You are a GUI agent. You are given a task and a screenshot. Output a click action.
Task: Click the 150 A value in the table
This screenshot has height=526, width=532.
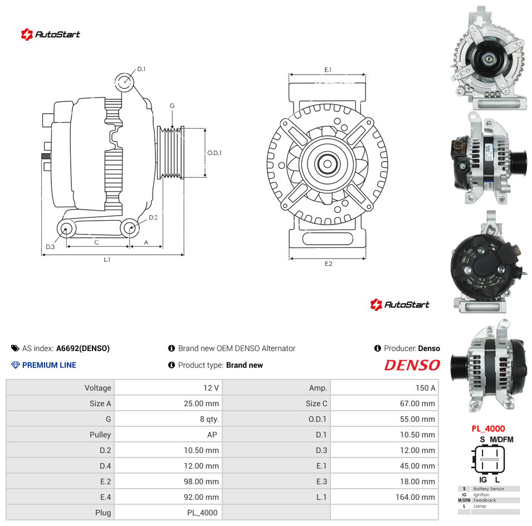pos(426,388)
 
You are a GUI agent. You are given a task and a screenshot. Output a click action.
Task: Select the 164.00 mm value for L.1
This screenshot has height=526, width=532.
pos(415,497)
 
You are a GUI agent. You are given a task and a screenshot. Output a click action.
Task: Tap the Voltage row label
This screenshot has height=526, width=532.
pos(97,388)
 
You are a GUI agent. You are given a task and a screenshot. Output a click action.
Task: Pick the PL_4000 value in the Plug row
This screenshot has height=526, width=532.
pos(202,513)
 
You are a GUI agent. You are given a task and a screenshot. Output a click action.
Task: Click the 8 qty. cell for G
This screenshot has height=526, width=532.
pos(209,419)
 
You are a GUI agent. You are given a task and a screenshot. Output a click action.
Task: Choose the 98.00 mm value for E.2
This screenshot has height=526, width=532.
pos(201,481)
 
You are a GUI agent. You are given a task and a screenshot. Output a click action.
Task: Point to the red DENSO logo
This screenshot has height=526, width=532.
pos(412,365)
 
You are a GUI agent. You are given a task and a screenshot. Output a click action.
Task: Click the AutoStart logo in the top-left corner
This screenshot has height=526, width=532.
pos(51,35)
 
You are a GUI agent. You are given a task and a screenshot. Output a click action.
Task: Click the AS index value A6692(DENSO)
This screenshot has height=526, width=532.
pos(83,348)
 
